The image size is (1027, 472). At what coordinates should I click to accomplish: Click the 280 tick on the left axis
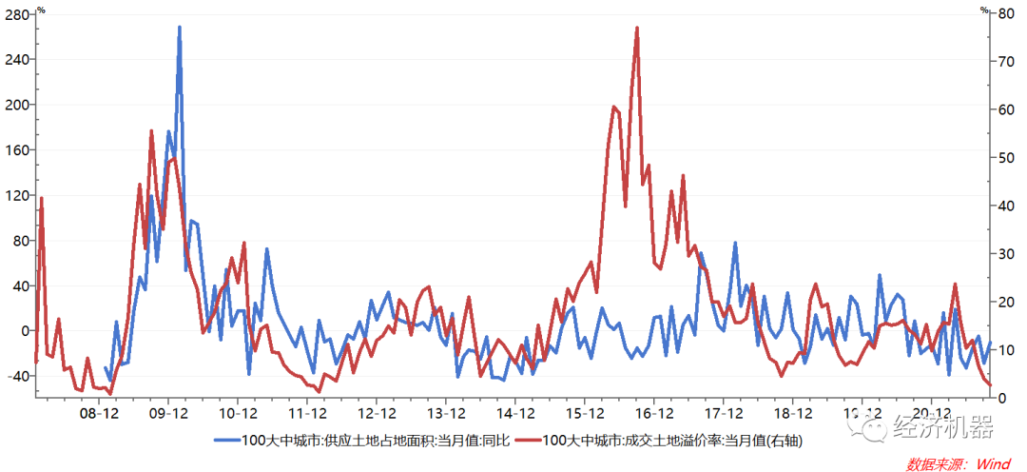(x=19, y=13)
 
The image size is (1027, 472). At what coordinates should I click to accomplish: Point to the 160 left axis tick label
(x=19, y=149)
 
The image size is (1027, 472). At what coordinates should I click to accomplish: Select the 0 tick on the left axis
(x=26, y=331)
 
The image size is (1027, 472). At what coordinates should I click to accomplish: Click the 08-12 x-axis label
(x=99, y=414)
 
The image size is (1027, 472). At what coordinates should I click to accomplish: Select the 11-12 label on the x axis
(x=308, y=414)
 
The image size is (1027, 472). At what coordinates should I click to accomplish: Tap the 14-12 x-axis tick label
(x=515, y=414)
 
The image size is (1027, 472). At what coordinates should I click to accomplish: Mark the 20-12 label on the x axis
(x=932, y=414)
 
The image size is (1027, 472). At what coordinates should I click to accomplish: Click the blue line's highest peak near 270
(x=180, y=28)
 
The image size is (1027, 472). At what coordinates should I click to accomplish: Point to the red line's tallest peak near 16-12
(x=636, y=29)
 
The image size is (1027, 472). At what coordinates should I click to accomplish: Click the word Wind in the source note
(x=991, y=462)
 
